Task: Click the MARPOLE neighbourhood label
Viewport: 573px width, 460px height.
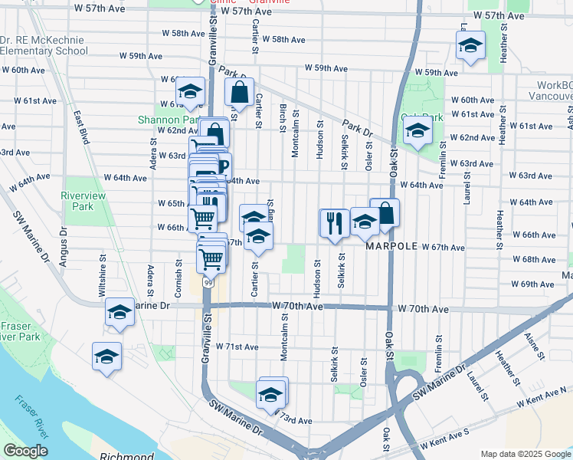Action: coord(391,247)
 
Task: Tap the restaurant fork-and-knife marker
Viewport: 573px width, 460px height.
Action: coord(333,224)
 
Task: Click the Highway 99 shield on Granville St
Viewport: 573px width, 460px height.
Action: coord(208,283)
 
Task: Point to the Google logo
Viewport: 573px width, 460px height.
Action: coord(25,452)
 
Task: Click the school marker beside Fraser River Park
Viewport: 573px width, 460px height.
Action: coord(106,356)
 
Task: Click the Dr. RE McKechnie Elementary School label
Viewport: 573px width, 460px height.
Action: coord(44,45)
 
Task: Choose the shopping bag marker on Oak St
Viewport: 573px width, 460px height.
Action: coord(385,214)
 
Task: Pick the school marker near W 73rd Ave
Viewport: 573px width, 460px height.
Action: coord(270,394)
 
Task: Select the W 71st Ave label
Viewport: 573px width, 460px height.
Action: coord(237,347)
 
